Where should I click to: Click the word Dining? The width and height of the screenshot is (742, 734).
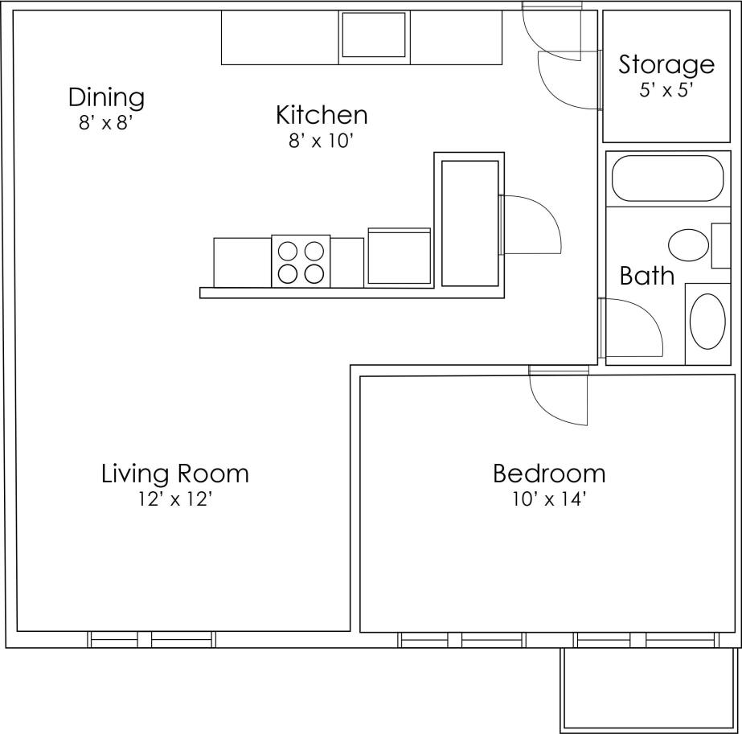click(x=106, y=97)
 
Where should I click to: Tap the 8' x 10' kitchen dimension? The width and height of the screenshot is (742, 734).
click(x=322, y=141)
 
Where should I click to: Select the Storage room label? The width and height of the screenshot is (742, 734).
click(x=666, y=64)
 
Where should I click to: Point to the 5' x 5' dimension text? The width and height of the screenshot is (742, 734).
click(x=666, y=90)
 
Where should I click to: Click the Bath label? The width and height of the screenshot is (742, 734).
click(x=646, y=276)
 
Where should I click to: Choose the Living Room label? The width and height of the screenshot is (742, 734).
click(x=175, y=474)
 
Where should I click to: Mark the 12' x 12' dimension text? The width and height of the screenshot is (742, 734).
click(x=175, y=500)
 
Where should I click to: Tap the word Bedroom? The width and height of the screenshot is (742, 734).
click(x=549, y=474)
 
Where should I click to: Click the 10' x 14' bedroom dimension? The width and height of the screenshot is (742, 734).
click(x=549, y=500)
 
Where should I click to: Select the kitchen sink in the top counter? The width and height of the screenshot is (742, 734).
click(x=373, y=35)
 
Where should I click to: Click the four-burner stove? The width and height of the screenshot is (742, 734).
click(x=301, y=261)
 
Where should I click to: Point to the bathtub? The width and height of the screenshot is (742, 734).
click(x=667, y=178)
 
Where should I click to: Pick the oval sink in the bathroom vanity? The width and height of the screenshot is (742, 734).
click(x=707, y=322)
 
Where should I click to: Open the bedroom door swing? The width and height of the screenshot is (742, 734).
click(x=559, y=398)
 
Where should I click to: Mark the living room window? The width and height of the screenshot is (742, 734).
click(x=152, y=640)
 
